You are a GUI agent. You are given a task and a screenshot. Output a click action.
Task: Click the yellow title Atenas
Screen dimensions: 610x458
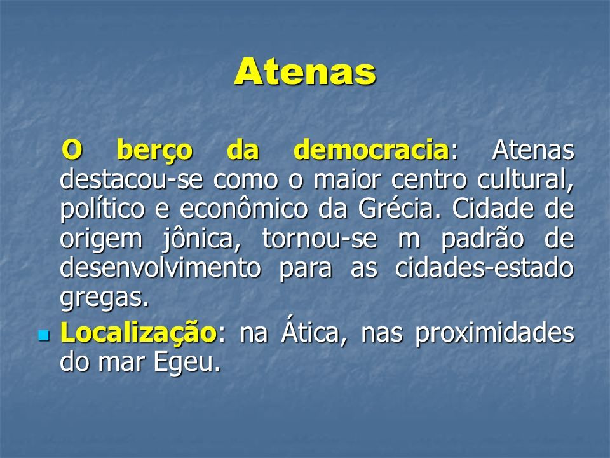[x=305, y=71]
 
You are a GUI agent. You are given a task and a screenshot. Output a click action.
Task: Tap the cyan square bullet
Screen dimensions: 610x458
[x=44, y=335]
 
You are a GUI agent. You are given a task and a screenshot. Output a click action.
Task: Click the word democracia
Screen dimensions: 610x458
[x=372, y=150]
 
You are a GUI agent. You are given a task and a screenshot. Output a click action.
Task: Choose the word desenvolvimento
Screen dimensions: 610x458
[x=160, y=268]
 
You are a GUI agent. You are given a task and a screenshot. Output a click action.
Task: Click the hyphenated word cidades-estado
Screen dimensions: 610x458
[x=484, y=268]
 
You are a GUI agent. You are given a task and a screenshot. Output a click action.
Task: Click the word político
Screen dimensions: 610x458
[x=102, y=209]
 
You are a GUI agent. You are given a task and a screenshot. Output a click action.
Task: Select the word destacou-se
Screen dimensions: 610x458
[x=132, y=179]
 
